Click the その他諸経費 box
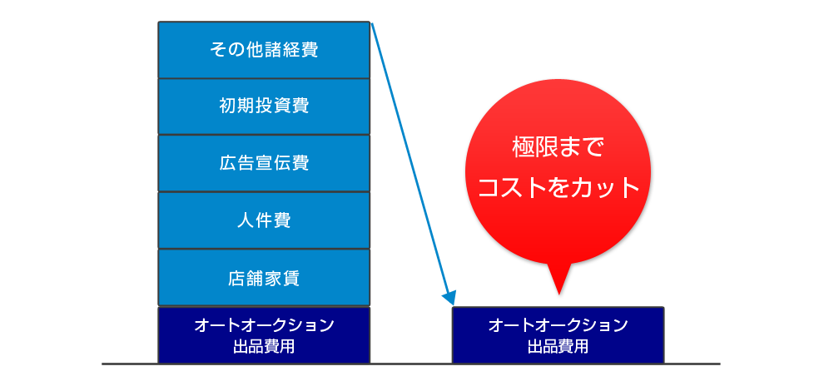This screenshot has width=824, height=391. (264, 50)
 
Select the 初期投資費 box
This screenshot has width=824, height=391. (264, 106)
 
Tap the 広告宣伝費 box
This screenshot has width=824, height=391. (264, 163)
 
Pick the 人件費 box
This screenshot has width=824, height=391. (264, 220)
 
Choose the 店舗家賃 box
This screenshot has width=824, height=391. (264, 278)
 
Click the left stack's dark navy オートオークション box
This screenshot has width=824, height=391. (264, 335)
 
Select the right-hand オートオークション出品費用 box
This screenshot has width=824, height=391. (558, 335)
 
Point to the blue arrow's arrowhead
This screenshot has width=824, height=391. (449, 298)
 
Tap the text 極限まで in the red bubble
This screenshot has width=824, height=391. (558, 148)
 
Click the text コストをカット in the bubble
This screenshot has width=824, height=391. (558, 188)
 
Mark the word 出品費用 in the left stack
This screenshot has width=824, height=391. (264, 347)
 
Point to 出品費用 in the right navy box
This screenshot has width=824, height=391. (558, 347)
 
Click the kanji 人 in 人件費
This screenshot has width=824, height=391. (246, 220)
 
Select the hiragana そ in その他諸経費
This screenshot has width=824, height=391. (218, 50)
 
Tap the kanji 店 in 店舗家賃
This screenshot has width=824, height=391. (237, 278)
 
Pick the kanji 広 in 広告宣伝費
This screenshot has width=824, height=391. (228, 163)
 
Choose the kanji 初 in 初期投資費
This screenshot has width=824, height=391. (228, 106)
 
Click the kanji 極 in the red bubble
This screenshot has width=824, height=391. (524, 148)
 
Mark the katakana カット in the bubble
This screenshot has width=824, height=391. (605, 188)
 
